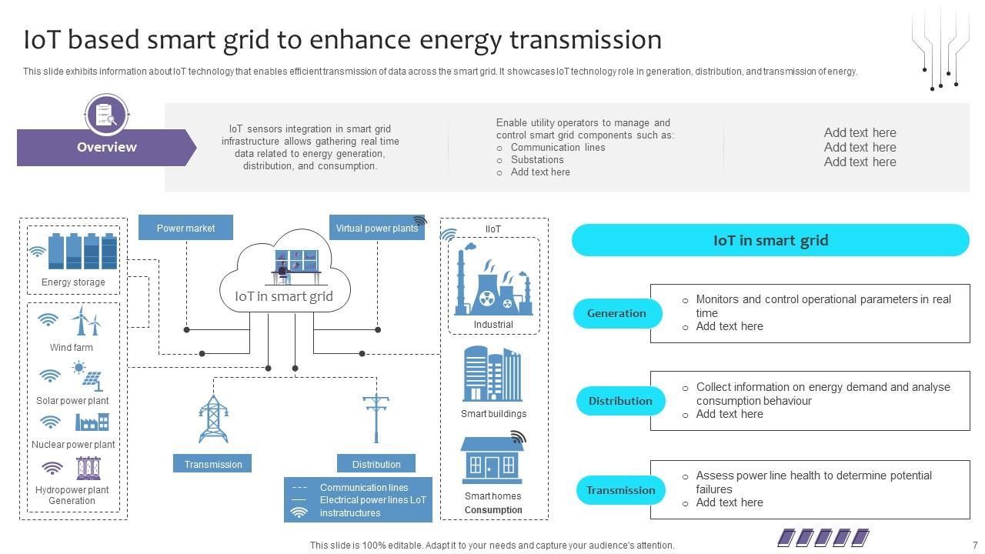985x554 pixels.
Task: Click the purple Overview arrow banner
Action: pyautogui.click(x=106, y=147)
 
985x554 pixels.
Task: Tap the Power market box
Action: pyautogui.click(x=185, y=228)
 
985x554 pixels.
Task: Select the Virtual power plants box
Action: pyautogui.click(x=377, y=228)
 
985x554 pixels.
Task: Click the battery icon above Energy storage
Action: pyautogui.click(x=82, y=251)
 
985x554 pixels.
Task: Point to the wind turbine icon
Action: pyautogui.click(x=86, y=321)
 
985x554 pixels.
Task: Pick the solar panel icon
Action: pyautogui.click(x=90, y=376)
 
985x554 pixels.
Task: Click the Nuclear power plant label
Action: pyautogui.click(x=73, y=445)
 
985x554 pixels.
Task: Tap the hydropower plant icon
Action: pyautogui.click(x=88, y=468)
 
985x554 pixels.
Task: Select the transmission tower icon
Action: pyautogui.click(x=213, y=419)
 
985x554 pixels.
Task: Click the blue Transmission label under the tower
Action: pyautogui.click(x=212, y=464)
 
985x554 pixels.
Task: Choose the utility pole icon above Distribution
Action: pyautogui.click(x=376, y=419)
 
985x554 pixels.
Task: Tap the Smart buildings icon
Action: pyautogui.click(x=492, y=374)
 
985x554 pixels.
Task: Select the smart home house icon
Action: pyautogui.click(x=492, y=460)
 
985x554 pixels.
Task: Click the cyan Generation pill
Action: pyautogui.click(x=617, y=313)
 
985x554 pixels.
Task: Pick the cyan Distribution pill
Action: pyautogui.click(x=620, y=401)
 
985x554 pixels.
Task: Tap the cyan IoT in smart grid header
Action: pyautogui.click(x=770, y=240)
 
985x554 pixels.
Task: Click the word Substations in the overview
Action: pyautogui.click(x=537, y=159)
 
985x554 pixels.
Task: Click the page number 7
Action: pyautogui.click(x=975, y=546)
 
